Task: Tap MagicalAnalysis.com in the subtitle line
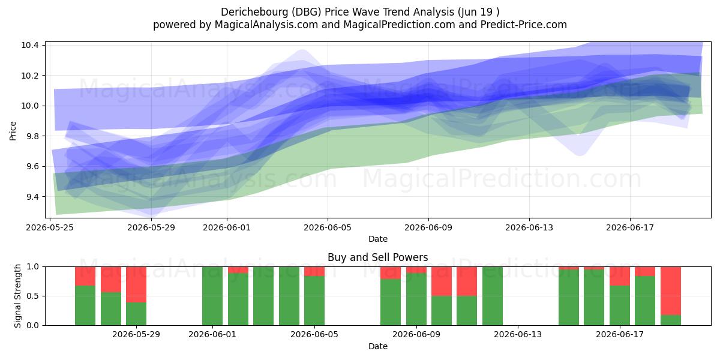coord(266,25)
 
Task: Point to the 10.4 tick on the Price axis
coord(30,45)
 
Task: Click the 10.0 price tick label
coord(30,106)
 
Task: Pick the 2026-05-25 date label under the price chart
coord(50,227)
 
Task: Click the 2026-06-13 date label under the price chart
coord(529,227)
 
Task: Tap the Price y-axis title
coord(13,131)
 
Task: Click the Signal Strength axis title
coord(17,296)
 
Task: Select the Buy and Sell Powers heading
coord(377,257)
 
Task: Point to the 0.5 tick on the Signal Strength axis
coord(33,296)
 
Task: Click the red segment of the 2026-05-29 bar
coord(136,284)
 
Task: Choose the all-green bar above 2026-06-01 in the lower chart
coord(212,296)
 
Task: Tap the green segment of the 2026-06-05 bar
coord(314,301)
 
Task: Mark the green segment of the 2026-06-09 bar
coord(416,299)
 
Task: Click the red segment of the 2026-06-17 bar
coord(620,276)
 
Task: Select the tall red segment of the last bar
coord(671,291)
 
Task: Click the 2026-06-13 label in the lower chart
coord(517,335)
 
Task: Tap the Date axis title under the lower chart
coord(377,346)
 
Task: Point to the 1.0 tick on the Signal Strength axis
coord(33,267)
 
